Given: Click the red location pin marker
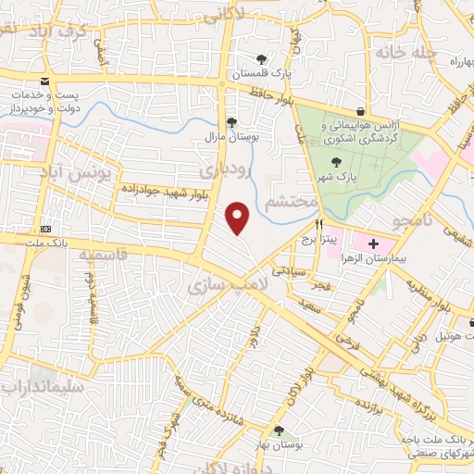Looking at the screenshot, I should (x=239, y=218).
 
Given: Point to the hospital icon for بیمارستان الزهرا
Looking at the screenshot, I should (x=372, y=244).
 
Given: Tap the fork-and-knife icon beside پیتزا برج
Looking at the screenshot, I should (x=319, y=224).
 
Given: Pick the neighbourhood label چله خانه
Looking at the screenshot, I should (x=406, y=52).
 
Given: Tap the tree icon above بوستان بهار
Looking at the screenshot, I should (x=279, y=430).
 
